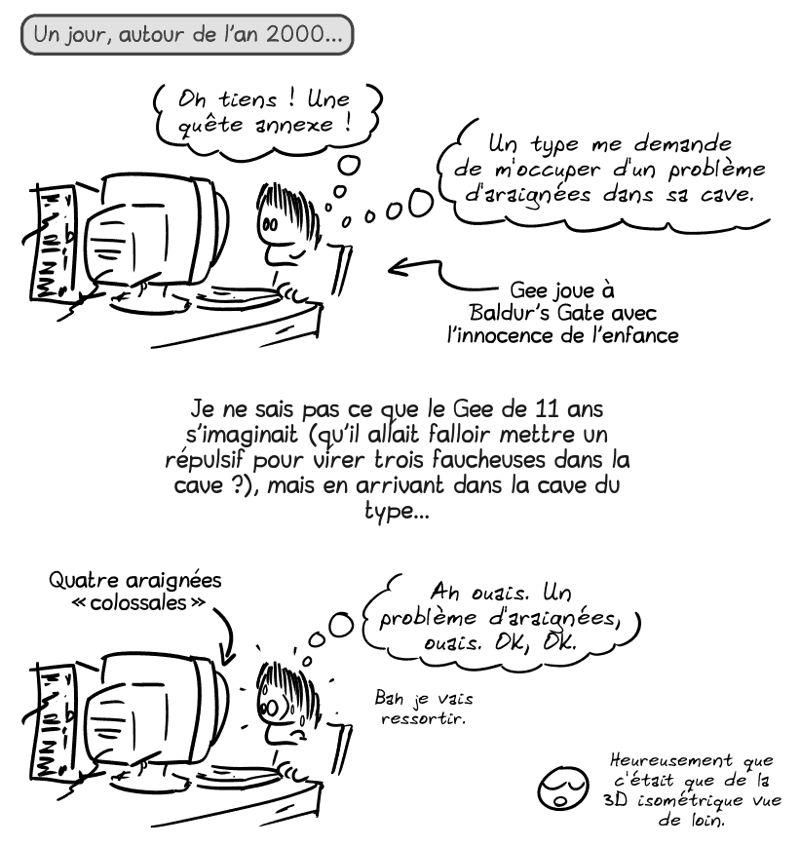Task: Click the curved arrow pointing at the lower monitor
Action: [x=224, y=634]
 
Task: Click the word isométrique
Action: [x=683, y=800]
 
